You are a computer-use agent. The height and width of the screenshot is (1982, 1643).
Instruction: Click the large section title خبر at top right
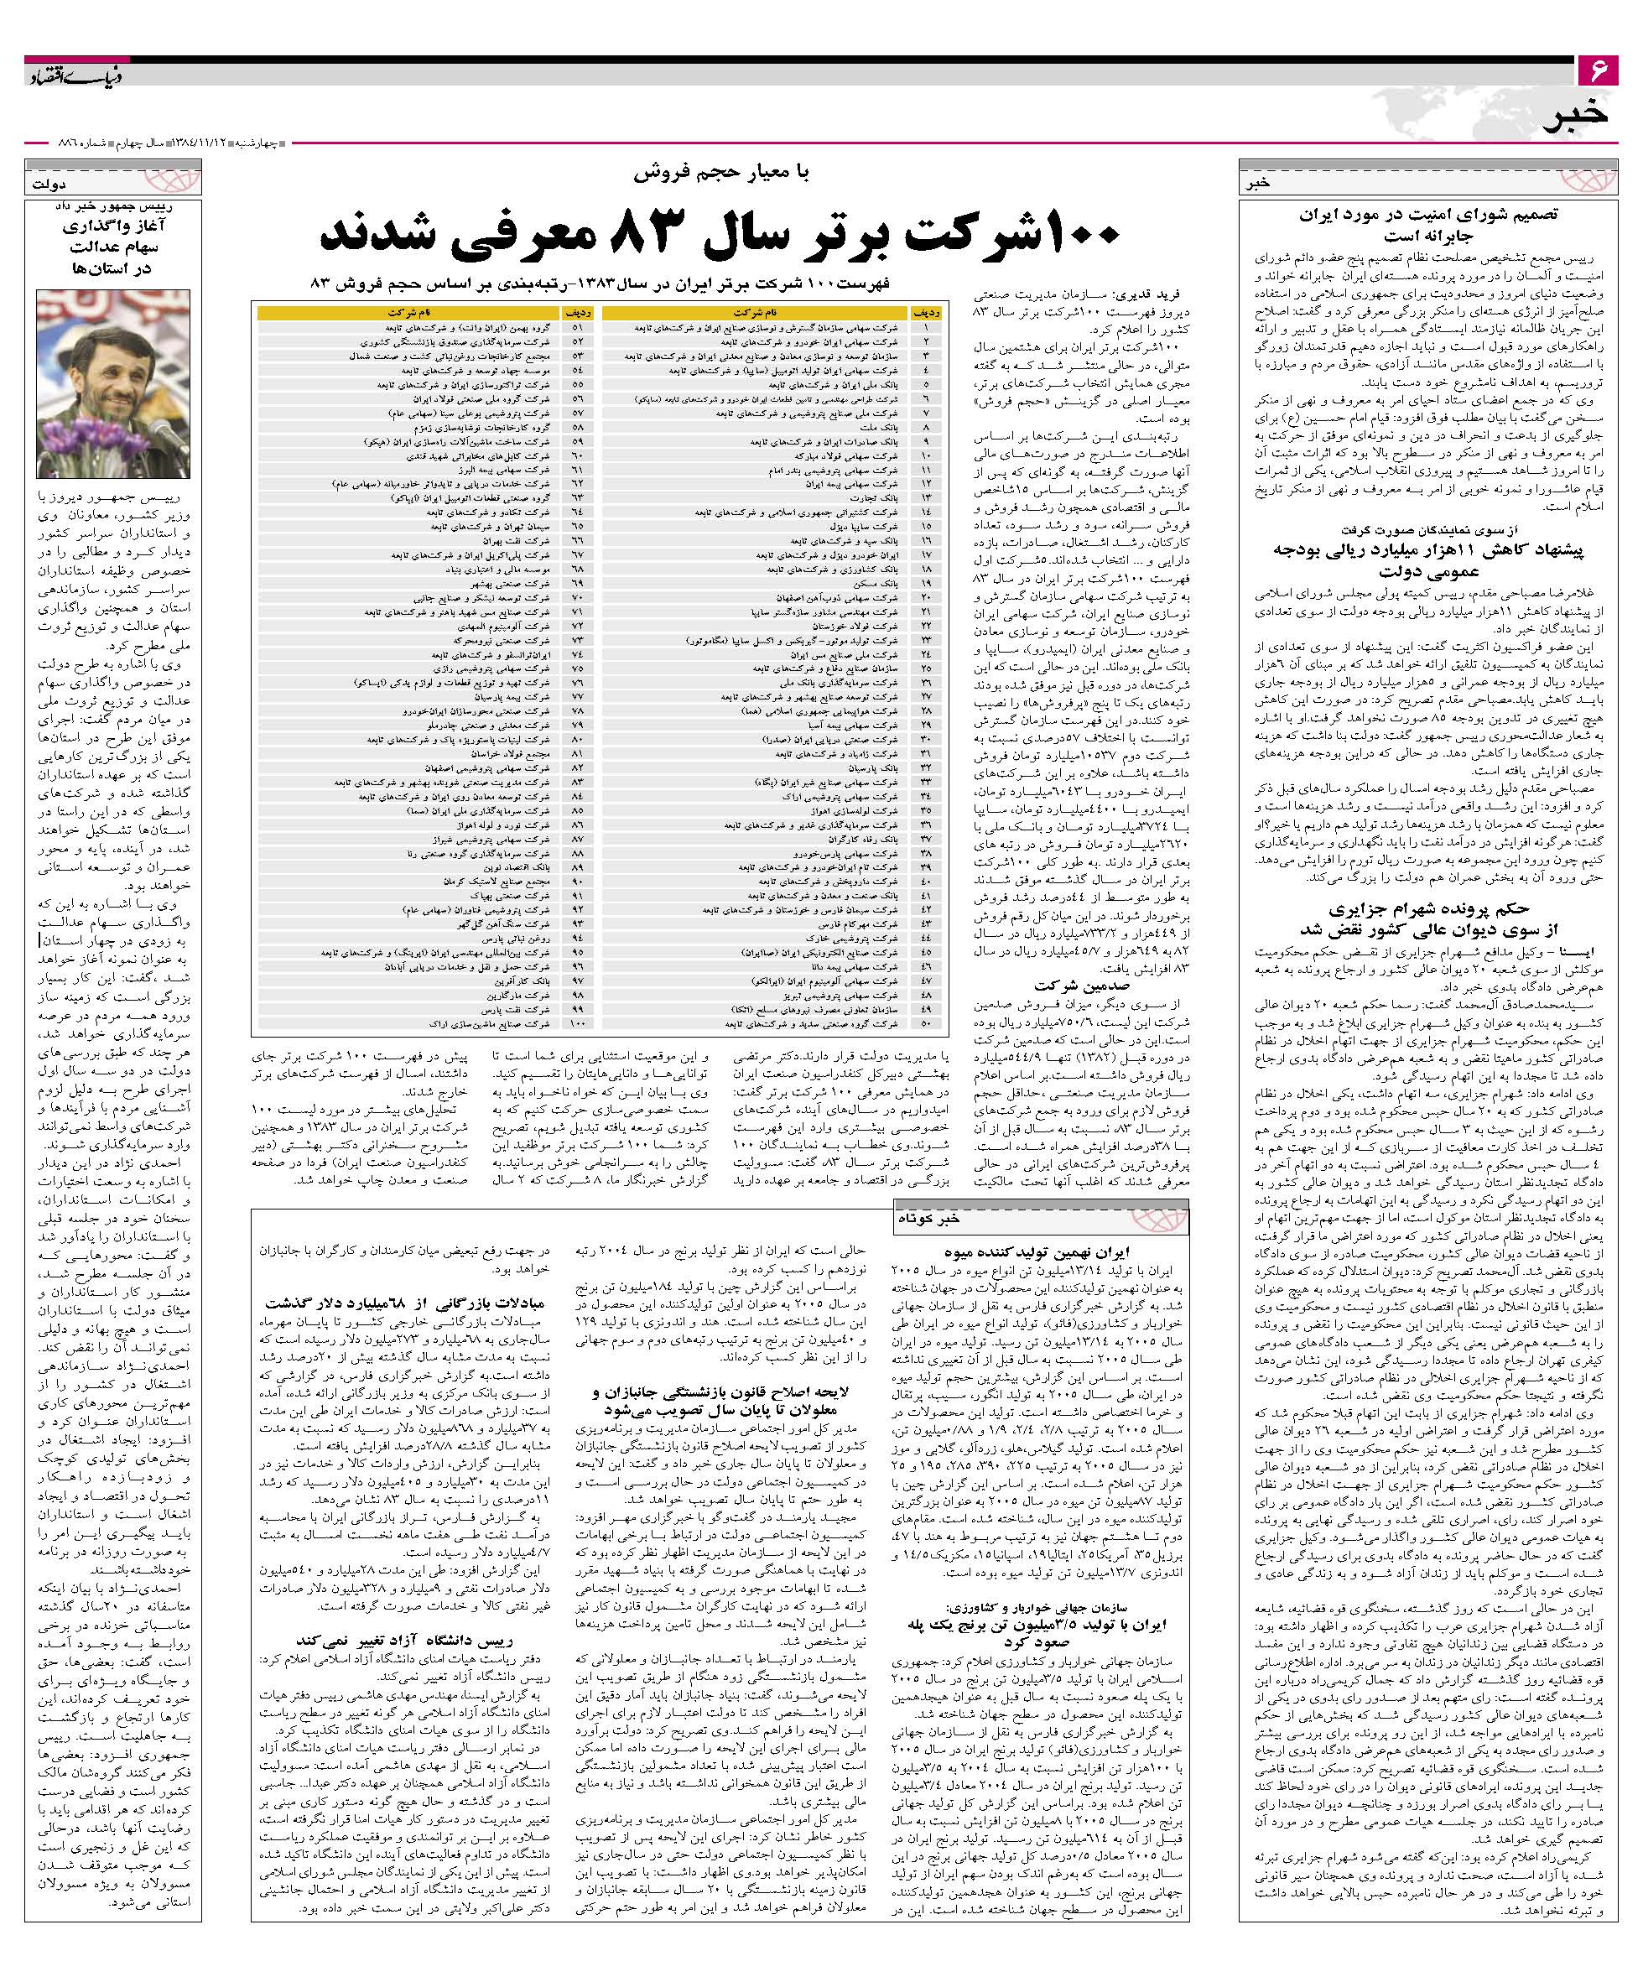click(1582, 116)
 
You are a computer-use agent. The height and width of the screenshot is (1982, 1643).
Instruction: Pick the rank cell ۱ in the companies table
click(925, 327)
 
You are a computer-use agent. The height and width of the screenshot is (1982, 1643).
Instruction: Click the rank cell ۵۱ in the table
click(578, 327)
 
